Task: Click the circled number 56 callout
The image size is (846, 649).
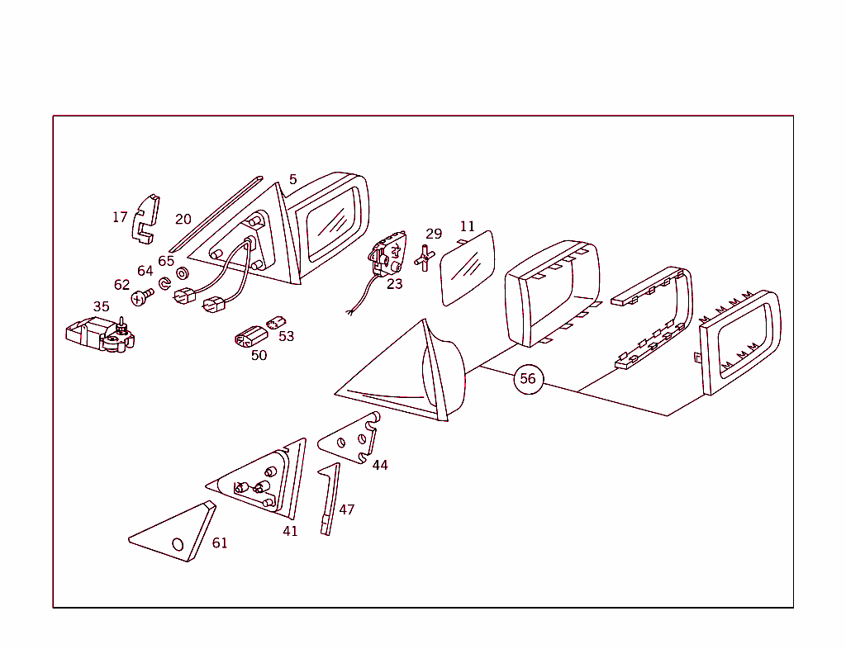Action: click(528, 379)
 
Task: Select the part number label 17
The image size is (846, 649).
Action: click(120, 216)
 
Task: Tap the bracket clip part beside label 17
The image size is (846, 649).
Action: click(145, 219)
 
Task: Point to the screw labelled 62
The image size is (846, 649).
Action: click(142, 297)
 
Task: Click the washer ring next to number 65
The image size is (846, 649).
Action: click(183, 274)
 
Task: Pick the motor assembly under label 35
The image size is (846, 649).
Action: click(100, 334)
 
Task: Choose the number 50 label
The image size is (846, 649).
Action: click(259, 355)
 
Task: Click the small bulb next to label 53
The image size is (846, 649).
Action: click(276, 322)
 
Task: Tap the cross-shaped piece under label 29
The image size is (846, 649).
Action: click(425, 258)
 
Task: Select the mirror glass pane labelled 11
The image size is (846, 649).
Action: click(468, 268)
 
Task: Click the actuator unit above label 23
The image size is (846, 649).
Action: click(387, 253)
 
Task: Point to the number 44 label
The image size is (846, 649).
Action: click(380, 465)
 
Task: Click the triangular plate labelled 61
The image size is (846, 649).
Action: click(173, 532)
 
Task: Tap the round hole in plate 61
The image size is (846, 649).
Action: click(178, 544)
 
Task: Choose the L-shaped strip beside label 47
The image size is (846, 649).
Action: click(330, 499)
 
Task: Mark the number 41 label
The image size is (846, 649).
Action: click(290, 531)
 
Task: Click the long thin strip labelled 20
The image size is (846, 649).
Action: click(216, 214)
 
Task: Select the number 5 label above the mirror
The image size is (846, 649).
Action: click(293, 179)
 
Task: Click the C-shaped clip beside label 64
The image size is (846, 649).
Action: click(164, 283)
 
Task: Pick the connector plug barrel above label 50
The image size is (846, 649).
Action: click(251, 338)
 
